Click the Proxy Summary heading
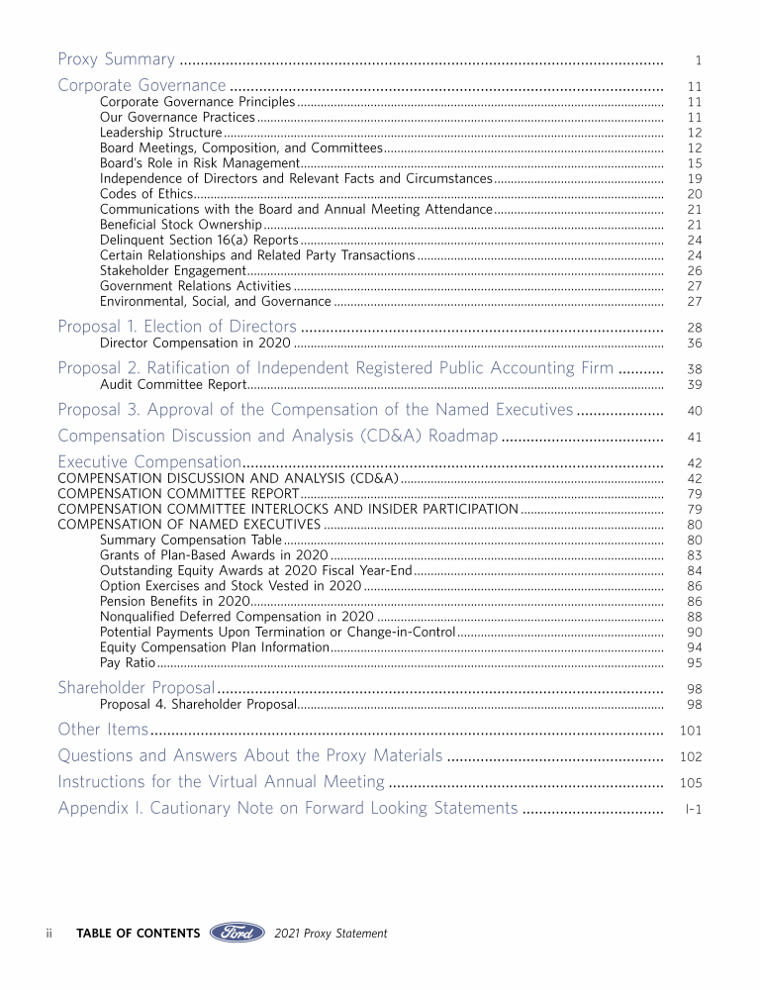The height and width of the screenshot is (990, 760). coord(117,59)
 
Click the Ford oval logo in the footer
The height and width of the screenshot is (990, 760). coord(237,933)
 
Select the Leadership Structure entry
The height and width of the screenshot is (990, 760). coord(160,132)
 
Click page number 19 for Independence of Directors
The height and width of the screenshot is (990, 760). coord(694,178)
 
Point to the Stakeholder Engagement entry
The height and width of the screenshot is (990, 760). coord(172,270)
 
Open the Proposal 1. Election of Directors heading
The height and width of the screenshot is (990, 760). coord(177,327)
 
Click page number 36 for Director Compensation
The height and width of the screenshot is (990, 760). coord(694,343)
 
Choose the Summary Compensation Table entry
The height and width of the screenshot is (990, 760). coord(191,540)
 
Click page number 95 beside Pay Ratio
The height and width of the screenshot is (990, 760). coord(694,663)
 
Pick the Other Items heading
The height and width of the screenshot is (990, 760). coord(103,730)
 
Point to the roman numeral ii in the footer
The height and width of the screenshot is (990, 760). coord(49,934)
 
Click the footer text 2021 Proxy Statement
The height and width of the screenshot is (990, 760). coord(331,934)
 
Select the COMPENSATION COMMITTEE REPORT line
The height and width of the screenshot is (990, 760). coord(178,493)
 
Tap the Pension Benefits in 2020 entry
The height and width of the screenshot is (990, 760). coord(174,601)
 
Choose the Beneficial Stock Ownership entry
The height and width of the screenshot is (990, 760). coord(181,224)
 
